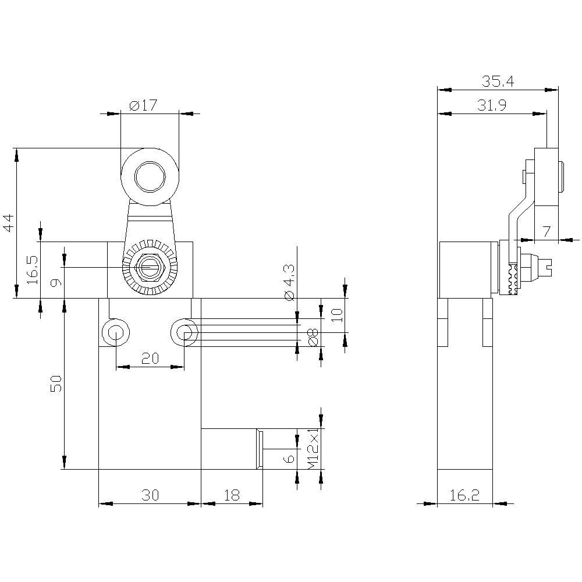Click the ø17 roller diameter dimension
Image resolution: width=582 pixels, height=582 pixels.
143,106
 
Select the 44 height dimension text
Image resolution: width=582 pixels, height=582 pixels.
8,223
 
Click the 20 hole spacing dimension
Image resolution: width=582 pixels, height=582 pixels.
150,359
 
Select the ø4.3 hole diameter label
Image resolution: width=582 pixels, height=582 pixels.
289,283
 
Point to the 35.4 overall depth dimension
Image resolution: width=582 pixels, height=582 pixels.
498,81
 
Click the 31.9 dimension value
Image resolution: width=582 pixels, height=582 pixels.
492,105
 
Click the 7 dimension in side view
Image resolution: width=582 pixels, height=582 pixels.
546,231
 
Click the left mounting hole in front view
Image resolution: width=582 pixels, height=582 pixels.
115,333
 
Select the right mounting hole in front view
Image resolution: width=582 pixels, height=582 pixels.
184,333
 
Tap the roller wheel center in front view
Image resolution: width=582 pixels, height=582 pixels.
150,176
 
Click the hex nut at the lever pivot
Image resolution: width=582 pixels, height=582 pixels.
150,268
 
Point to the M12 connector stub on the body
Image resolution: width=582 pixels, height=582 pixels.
231,448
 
